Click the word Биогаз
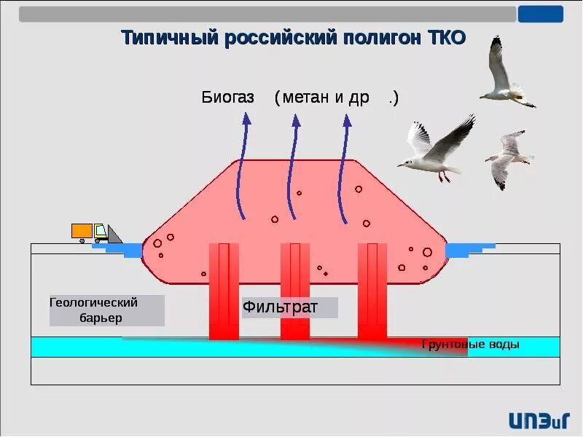pos(227,98)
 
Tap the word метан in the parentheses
pos(306,98)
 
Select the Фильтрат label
pos(281,307)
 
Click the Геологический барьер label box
pos(106,310)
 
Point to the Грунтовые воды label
pos(471,345)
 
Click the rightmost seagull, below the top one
pos(507,158)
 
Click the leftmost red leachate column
pos(224,291)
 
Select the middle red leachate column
pos(295,291)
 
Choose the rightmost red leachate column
pos(372,291)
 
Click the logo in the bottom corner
pos(539,419)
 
